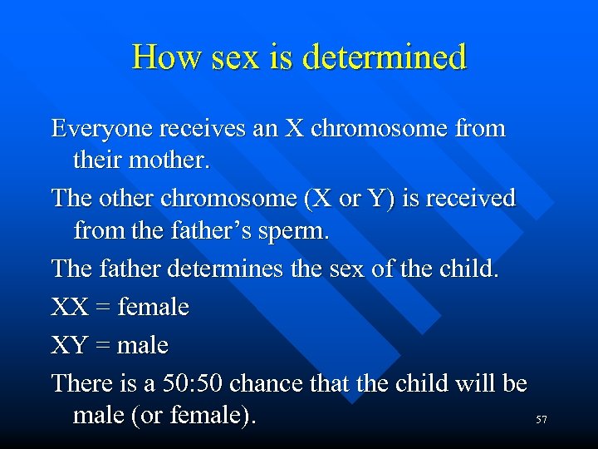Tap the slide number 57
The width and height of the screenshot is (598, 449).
(x=541, y=421)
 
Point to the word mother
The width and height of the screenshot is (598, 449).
(x=169, y=160)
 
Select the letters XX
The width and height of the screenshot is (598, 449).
(x=69, y=308)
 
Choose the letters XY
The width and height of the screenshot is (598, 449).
(x=69, y=344)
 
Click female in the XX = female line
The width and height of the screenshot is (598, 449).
(x=154, y=308)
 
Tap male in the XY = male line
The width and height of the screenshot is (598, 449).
(x=143, y=344)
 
